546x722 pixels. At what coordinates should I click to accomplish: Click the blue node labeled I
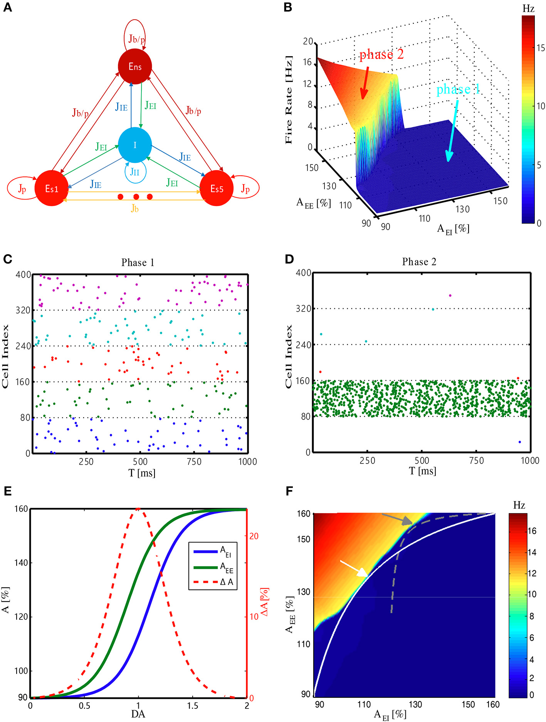click(x=135, y=145)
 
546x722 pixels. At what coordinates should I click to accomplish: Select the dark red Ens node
click(x=135, y=66)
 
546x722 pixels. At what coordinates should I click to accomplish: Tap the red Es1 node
click(x=52, y=188)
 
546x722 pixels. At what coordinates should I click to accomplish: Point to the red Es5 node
click(x=217, y=188)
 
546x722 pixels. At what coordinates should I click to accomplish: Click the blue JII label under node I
click(x=135, y=172)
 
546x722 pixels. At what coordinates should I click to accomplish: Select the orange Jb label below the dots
click(x=134, y=208)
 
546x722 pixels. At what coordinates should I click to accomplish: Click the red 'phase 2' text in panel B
click(x=381, y=54)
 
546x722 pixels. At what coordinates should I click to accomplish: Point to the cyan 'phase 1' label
click(x=458, y=89)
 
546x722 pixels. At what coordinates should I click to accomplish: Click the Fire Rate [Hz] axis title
click(x=289, y=100)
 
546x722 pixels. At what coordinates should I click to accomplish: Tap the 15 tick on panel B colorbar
click(x=541, y=48)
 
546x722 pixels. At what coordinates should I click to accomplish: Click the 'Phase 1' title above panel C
click(x=138, y=262)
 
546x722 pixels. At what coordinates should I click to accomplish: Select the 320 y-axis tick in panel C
click(x=23, y=310)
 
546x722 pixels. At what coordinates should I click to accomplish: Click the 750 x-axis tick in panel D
click(x=476, y=460)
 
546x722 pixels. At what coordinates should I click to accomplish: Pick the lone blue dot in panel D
click(x=520, y=442)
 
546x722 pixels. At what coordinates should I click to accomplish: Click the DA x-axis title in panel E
click(x=138, y=714)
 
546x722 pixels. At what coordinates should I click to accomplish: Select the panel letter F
click(x=289, y=491)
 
